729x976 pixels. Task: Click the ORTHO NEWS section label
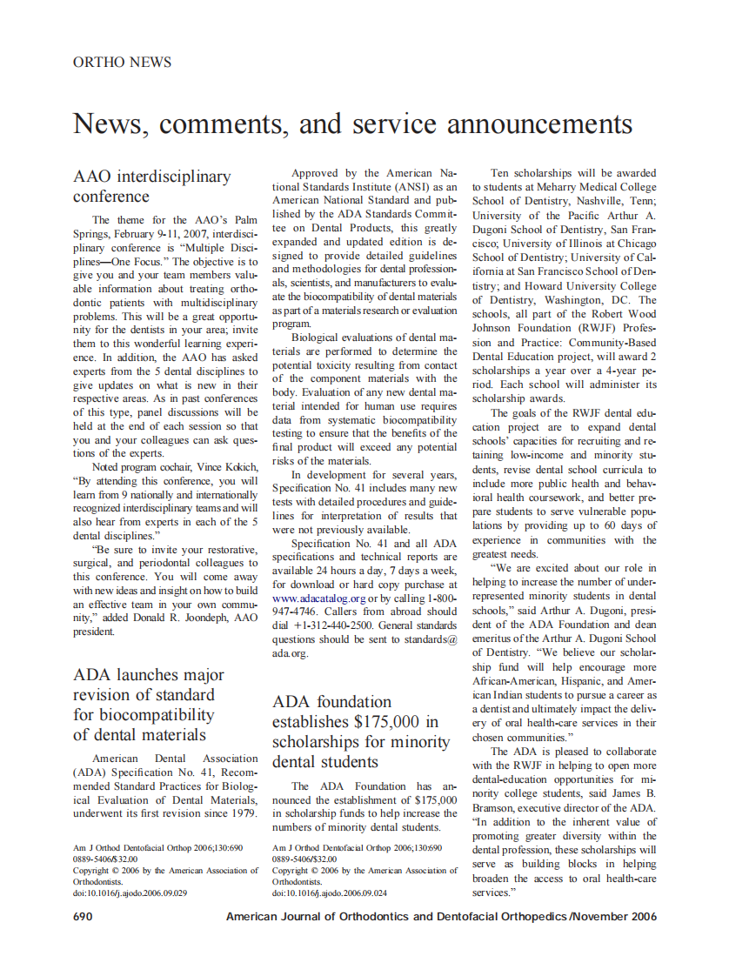pos(122,63)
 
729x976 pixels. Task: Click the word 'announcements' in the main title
pos(539,124)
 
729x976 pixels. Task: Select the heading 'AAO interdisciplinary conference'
pos(152,186)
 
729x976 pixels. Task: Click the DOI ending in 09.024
pos(330,892)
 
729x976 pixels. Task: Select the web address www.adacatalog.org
pos(318,598)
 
